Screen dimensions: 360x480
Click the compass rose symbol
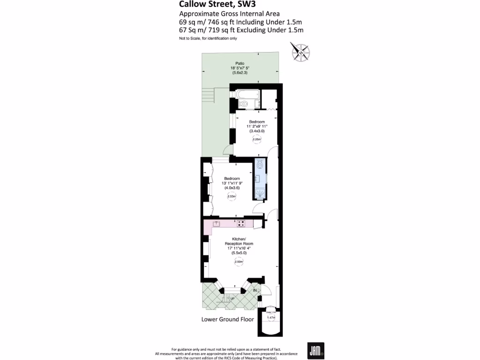[x=300, y=52]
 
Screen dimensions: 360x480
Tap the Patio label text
[x=240, y=63]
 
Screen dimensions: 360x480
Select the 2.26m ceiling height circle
[x=256, y=139]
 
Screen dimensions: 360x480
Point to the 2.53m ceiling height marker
[x=231, y=196]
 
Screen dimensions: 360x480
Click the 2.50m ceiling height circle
[x=239, y=262]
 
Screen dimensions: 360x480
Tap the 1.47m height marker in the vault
[x=271, y=317]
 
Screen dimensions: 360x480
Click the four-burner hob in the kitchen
[x=241, y=224]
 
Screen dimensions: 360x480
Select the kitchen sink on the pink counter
[x=217, y=224]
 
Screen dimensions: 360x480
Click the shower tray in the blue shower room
[x=260, y=192]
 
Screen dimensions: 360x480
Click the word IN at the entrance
[x=255, y=291]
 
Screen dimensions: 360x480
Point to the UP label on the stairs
[x=232, y=298]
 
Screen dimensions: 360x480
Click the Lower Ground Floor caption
[x=227, y=320]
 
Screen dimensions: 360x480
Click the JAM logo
[x=314, y=350]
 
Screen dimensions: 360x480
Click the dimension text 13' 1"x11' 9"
[x=232, y=183]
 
